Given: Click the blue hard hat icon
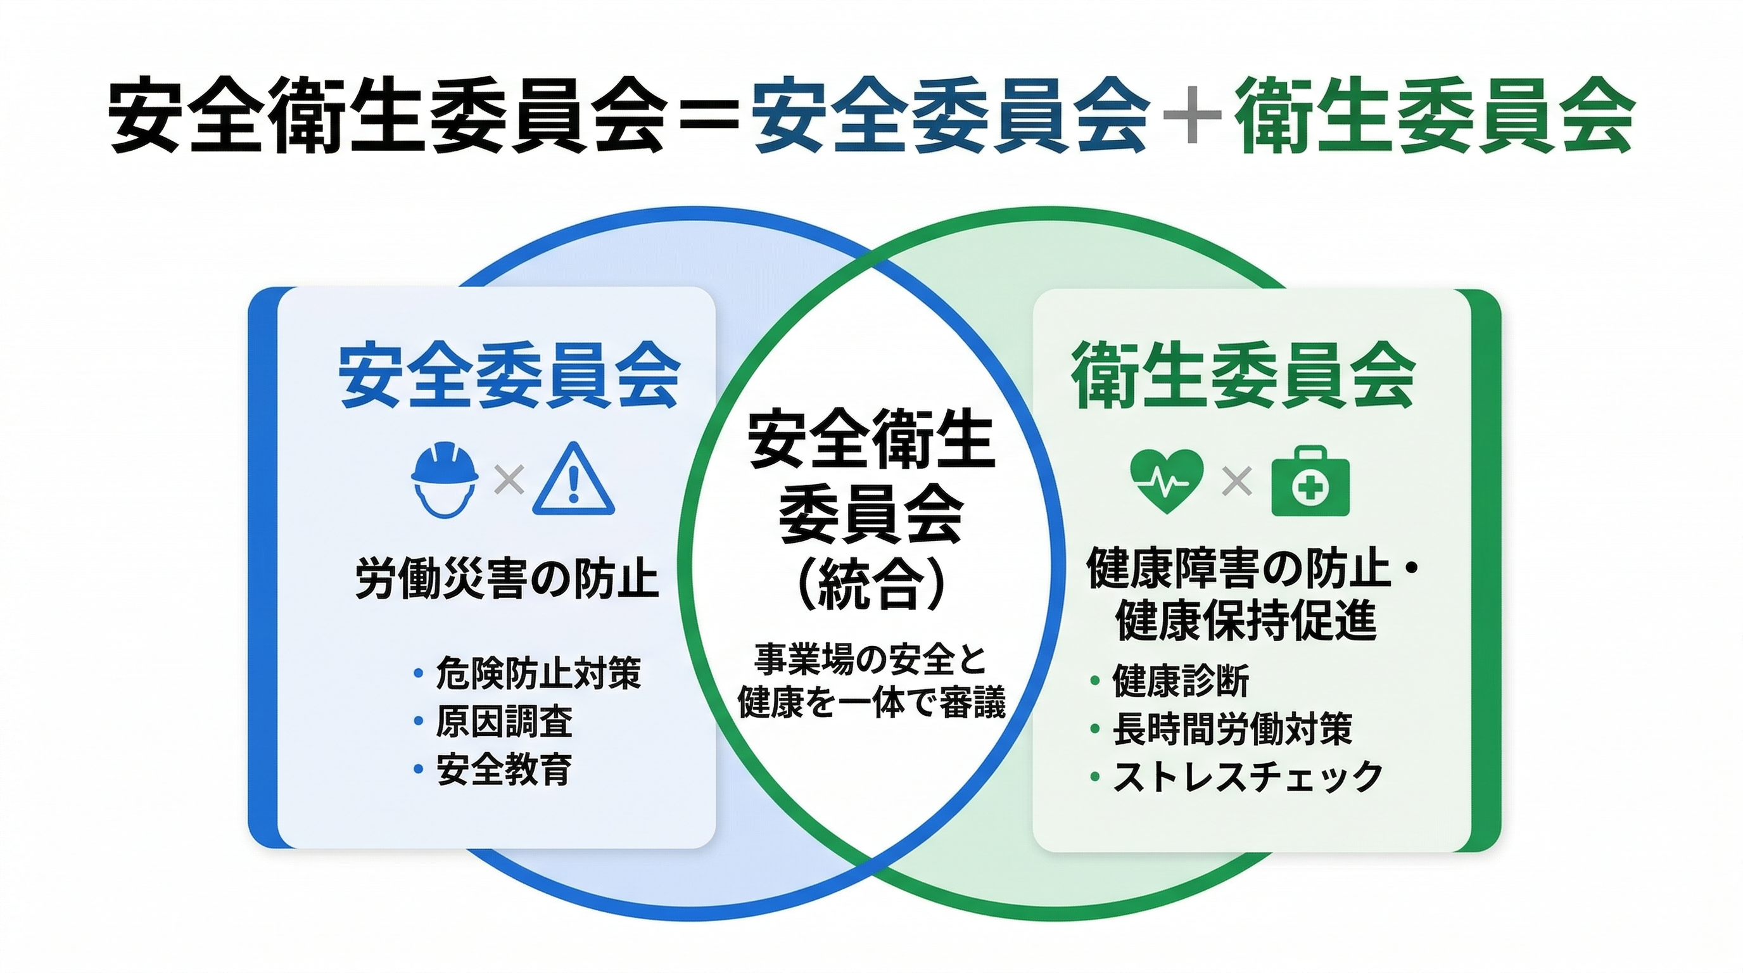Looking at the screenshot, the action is tap(445, 480).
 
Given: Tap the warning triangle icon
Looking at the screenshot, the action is tap(574, 478).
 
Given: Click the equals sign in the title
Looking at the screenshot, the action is tap(707, 118).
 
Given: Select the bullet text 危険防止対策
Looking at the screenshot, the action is tap(538, 673).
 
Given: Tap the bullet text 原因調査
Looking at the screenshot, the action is tap(505, 722).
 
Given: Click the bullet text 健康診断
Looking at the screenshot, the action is tap(1181, 681).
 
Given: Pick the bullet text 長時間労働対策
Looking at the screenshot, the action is tap(1232, 728).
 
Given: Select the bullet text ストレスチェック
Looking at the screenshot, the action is tap(1248, 776).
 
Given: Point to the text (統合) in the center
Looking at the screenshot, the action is tap(871, 583).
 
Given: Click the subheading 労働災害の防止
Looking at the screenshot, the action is tap(507, 579).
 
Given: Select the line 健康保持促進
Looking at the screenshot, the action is tap(1246, 620).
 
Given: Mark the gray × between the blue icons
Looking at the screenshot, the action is tap(509, 480).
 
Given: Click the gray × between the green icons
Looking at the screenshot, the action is tap(1238, 481).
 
